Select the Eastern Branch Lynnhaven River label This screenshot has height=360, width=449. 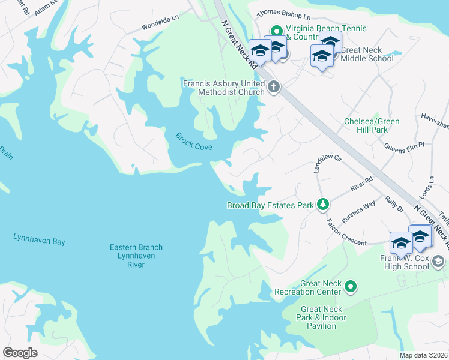click(136, 256)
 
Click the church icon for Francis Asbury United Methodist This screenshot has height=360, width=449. click(273, 87)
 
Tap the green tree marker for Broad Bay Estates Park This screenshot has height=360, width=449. click(323, 205)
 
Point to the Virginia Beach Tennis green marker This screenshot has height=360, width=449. click(276, 31)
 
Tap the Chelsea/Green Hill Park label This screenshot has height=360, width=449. click(372, 125)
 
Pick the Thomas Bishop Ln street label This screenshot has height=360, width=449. click(283, 14)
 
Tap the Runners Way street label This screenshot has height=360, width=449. click(358, 211)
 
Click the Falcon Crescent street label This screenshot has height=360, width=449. click(346, 232)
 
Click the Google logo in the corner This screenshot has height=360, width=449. click(20, 353)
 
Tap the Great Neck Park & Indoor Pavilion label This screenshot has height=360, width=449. click(318, 317)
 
